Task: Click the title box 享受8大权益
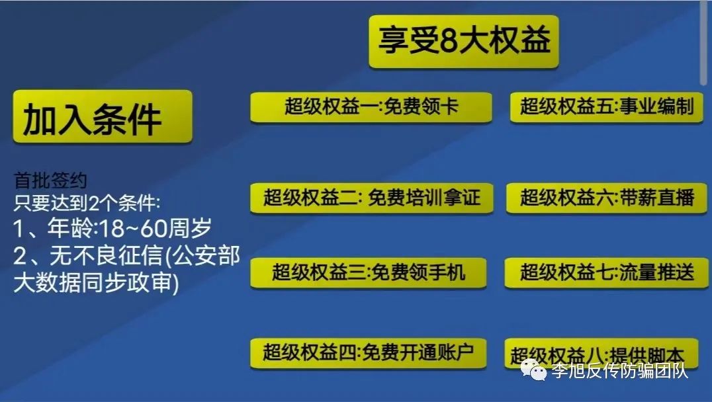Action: pyautogui.click(x=464, y=42)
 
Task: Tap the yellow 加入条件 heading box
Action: pyautogui.click(x=103, y=116)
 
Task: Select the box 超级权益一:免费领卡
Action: pyautogui.click(x=371, y=107)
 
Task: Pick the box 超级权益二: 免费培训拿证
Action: pyautogui.click(x=371, y=198)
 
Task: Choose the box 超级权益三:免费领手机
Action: pyautogui.click(x=369, y=272)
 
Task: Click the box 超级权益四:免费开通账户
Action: pyautogui.click(x=369, y=352)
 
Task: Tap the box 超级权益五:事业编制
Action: pyautogui.click(x=607, y=107)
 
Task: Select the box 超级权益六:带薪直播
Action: pyautogui.click(x=607, y=198)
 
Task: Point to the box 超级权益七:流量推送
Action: pyautogui.click(x=607, y=272)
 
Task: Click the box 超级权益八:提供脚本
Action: pyautogui.click(x=601, y=354)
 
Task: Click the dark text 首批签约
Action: pyautogui.click(x=50, y=181)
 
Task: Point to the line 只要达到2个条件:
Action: pyautogui.click(x=87, y=203)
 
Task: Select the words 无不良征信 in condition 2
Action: pyautogui.click(x=107, y=255)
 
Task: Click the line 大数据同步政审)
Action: pyautogui.click(x=96, y=282)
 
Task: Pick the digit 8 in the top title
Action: pyautogui.click(x=449, y=42)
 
